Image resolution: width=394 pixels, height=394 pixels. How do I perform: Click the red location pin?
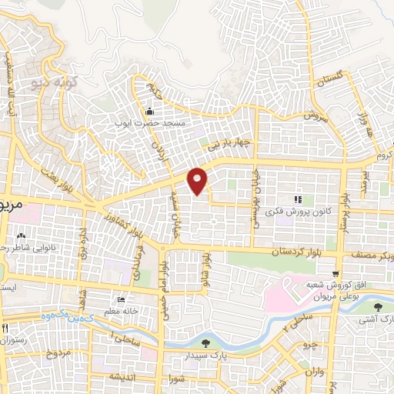pyautogui.click(x=199, y=180)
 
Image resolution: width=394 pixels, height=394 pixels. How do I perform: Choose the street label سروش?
pyautogui.click(x=310, y=116)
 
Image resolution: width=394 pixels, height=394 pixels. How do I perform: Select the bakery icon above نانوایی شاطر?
pyautogui.click(x=21, y=235)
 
